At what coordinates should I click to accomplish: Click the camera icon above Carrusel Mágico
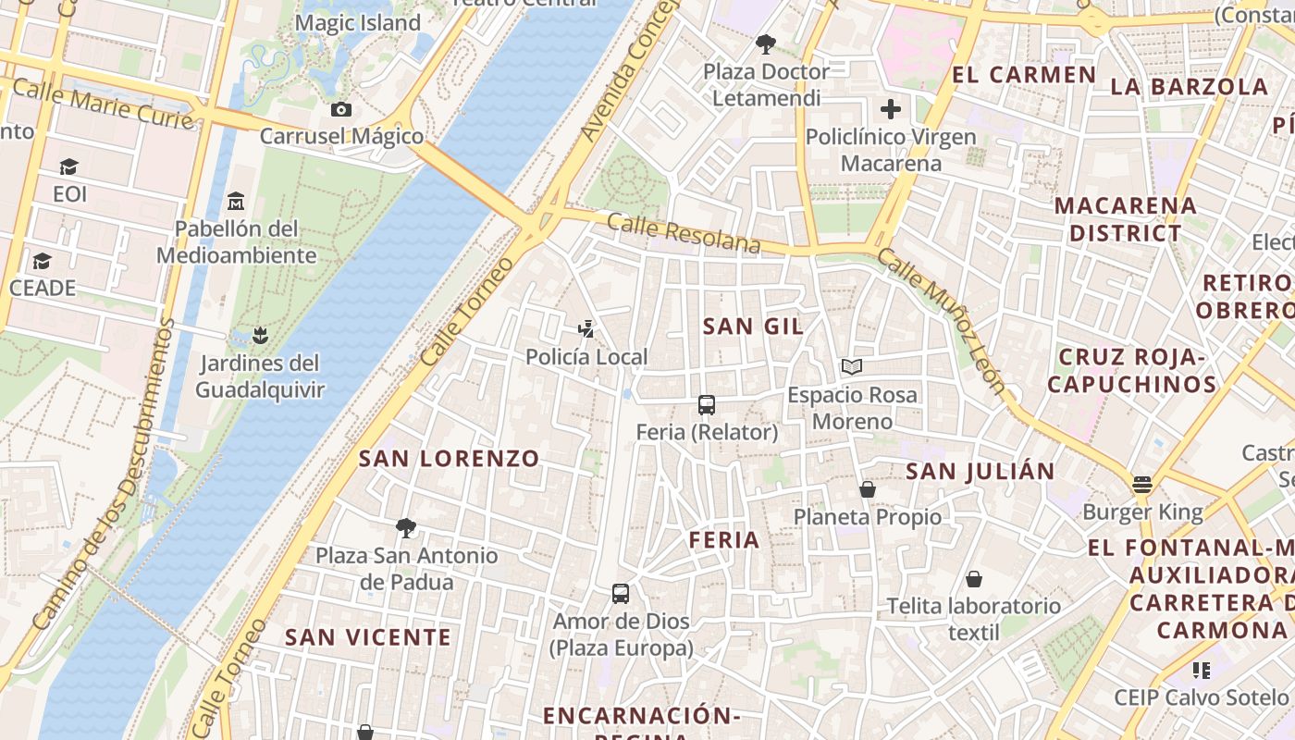point(341,110)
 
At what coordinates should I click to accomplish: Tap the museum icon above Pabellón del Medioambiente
point(236,201)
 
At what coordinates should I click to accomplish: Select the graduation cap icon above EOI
point(69,167)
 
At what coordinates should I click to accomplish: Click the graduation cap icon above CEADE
point(42,261)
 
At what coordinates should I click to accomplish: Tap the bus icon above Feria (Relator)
point(707,405)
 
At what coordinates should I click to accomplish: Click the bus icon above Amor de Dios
point(621,594)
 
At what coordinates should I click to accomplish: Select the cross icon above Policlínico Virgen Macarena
point(890,110)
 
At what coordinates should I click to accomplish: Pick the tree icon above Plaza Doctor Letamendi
point(766,43)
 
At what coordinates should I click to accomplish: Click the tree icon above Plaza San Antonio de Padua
point(405,528)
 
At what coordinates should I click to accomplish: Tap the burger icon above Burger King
point(1142,485)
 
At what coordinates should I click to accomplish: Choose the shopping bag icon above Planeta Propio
point(868,489)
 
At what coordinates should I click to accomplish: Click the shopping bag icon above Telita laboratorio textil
point(973,579)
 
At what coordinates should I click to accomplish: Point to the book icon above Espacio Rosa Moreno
point(852,367)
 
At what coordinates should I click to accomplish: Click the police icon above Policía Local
point(586,329)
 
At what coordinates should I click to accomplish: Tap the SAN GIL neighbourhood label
point(753,327)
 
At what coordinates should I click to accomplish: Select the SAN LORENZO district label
point(449,459)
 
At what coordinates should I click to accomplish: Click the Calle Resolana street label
point(684,234)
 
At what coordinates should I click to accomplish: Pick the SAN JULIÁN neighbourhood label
point(980,472)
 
